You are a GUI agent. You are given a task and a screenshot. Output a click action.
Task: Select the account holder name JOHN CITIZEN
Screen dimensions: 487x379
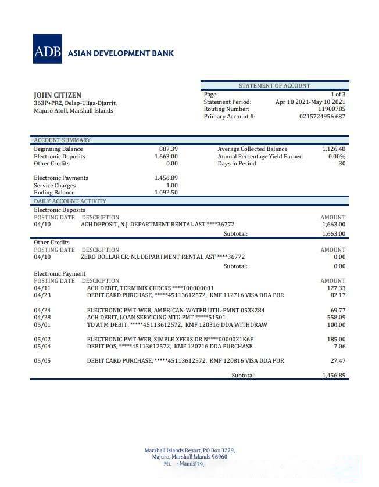58,95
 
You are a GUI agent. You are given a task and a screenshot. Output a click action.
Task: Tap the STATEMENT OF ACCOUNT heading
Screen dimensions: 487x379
274,85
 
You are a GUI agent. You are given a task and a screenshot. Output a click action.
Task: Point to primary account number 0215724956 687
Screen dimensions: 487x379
322,117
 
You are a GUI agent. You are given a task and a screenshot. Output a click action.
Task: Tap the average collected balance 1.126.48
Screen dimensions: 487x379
334,149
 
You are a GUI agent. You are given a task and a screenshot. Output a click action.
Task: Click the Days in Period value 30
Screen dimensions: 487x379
342,164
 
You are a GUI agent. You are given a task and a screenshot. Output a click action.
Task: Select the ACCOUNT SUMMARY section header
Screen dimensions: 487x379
62,140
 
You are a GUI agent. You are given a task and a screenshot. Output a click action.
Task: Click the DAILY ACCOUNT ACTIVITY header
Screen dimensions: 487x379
70,201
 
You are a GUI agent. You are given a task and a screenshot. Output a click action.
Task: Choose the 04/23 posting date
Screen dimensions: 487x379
42,295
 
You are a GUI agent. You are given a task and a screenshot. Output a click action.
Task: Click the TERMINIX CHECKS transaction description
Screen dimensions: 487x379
150,288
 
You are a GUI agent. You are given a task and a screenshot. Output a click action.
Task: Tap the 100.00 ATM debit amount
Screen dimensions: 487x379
336,325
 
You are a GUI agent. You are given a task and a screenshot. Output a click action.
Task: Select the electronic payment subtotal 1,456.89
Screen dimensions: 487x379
334,376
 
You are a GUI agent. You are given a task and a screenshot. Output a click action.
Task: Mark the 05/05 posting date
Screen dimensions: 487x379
42,361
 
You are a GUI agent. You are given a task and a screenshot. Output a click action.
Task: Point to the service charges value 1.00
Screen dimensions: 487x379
172,186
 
